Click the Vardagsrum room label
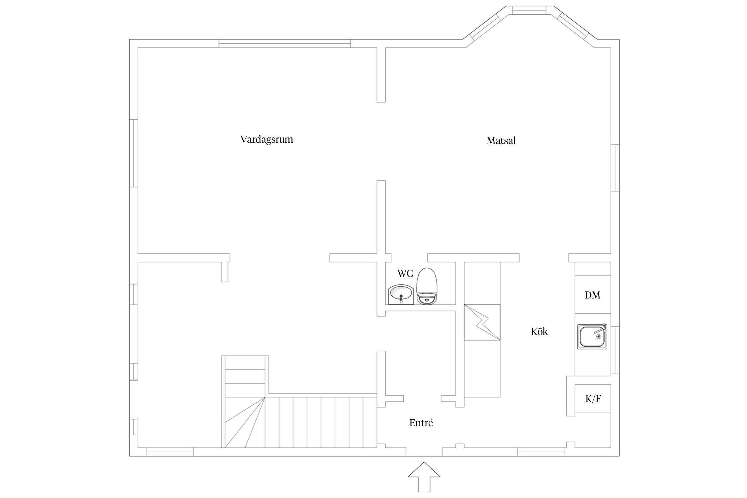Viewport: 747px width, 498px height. (267, 139)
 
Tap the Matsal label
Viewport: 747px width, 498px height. (501, 141)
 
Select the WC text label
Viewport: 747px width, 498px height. (405, 274)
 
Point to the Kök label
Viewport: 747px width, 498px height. (539, 331)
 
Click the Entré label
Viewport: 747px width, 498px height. (421, 423)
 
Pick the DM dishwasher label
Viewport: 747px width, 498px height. (592, 295)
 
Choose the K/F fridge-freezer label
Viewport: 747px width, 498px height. (593, 398)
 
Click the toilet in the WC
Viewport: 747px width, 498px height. (427, 286)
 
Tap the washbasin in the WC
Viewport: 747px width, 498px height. (401, 294)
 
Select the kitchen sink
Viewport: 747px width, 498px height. (592, 337)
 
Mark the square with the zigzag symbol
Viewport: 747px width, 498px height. (482, 322)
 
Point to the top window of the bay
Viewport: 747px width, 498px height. (529, 10)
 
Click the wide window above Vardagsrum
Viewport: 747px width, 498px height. (285, 43)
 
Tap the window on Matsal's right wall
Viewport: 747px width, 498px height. (615, 168)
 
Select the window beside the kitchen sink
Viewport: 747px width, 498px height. (615, 350)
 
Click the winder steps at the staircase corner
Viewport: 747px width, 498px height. (245, 422)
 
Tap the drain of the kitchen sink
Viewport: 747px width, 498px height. (599, 337)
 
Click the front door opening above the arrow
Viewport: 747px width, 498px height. (424, 452)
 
